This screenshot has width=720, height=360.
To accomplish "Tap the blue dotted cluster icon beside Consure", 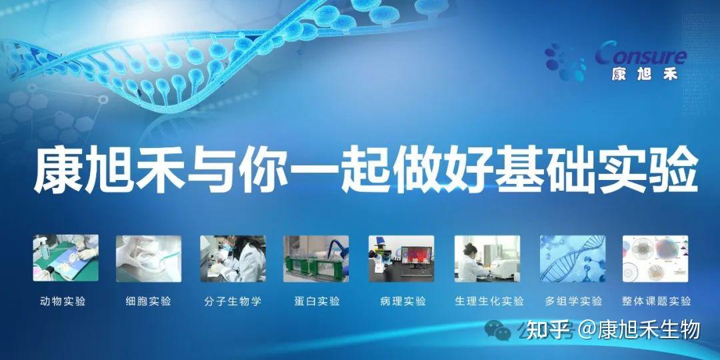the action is pyautogui.click(x=565, y=62).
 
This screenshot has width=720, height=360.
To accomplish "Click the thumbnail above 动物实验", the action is pyautogui.click(x=65, y=258).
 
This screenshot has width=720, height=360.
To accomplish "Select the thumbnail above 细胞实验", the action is pyautogui.click(x=148, y=259).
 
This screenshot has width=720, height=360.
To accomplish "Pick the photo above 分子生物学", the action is pyautogui.click(x=233, y=259).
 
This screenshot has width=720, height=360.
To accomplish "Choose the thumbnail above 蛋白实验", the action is pyautogui.click(x=316, y=259).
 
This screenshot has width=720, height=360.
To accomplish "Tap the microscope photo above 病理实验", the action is pyautogui.click(x=401, y=259).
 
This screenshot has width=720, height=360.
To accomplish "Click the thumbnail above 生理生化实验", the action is pyautogui.click(x=487, y=259).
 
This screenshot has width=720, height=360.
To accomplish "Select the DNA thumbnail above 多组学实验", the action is pyautogui.click(x=573, y=259).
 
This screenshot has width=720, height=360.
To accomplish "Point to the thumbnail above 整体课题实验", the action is pyautogui.click(x=655, y=259).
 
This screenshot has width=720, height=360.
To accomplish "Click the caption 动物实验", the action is pyautogui.click(x=63, y=302).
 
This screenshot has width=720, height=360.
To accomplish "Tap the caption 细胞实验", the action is pyautogui.click(x=148, y=302).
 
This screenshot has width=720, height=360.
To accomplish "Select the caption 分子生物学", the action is pyautogui.click(x=233, y=302).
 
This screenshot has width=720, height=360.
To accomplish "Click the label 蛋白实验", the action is pyautogui.click(x=317, y=302).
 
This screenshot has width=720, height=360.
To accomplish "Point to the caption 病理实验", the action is pyautogui.click(x=403, y=302).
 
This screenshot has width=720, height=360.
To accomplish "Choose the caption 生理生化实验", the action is pyautogui.click(x=489, y=302).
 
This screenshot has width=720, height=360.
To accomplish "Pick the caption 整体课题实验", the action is pyautogui.click(x=657, y=302).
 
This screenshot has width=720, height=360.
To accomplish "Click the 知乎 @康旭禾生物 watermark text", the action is pyautogui.click(x=613, y=330).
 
